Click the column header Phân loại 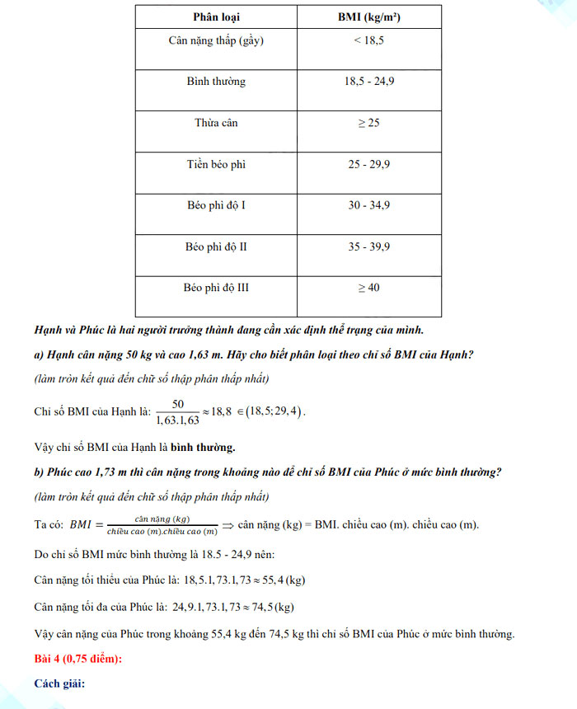point(217,17)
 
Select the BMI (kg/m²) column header point(368,17)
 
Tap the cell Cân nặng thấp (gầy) point(216,40)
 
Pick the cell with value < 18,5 point(368,40)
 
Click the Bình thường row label point(216,82)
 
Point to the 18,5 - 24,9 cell point(368,82)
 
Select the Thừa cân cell point(216,123)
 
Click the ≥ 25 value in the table point(368,123)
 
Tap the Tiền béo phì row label point(216,164)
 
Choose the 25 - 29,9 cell point(368,164)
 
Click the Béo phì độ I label point(216,205)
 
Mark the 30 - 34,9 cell point(368,205)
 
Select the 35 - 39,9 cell point(368,247)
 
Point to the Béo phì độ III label point(216,288)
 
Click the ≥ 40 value point(368,288)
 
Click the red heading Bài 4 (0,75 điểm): point(80,659)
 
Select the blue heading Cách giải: point(60,684)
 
